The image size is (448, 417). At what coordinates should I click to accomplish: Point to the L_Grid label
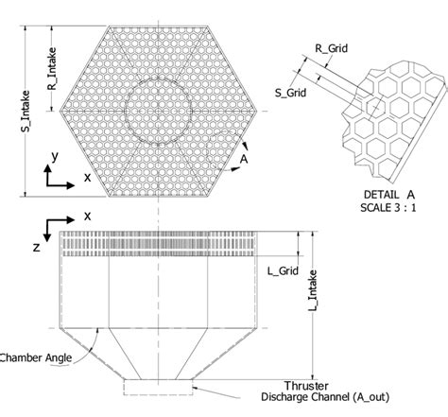(x=282, y=272)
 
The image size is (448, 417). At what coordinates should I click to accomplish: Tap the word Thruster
(x=287, y=385)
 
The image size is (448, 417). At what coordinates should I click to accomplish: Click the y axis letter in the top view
(x=56, y=154)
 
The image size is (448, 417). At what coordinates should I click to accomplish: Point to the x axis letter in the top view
(x=87, y=177)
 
